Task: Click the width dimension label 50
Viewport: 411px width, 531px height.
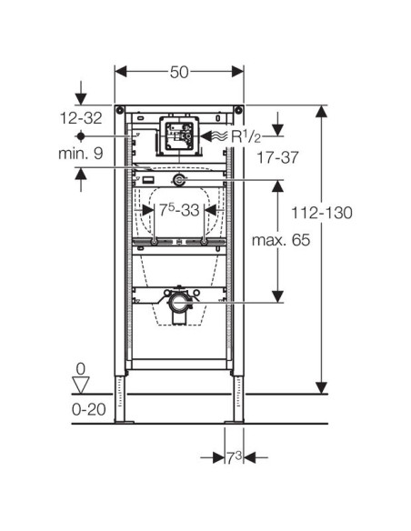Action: click(179, 72)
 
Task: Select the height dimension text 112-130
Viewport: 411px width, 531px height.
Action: click(322, 213)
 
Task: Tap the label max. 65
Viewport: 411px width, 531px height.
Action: click(281, 240)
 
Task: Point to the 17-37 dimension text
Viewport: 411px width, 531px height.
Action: click(278, 157)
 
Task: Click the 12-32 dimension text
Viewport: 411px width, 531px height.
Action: click(81, 118)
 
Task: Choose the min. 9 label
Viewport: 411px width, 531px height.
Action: click(81, 154)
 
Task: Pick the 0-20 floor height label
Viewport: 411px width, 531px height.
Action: click(89, 409)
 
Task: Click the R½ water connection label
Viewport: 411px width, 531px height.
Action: click(246, 136)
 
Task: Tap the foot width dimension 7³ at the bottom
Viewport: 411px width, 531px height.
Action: click(234, 458)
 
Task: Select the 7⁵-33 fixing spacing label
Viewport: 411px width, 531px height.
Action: click(179, 210)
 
